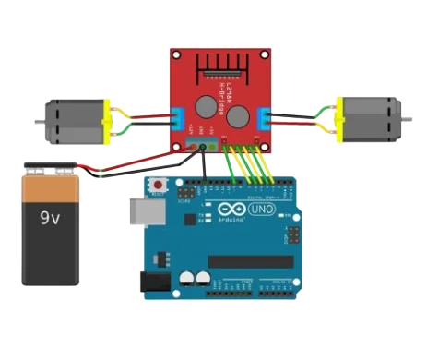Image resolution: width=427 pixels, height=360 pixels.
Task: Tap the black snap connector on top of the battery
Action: click(51, 169)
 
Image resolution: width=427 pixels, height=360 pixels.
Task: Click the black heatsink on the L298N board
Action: click(220, 66)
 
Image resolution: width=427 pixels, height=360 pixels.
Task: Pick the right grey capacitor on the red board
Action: click(239, 116)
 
